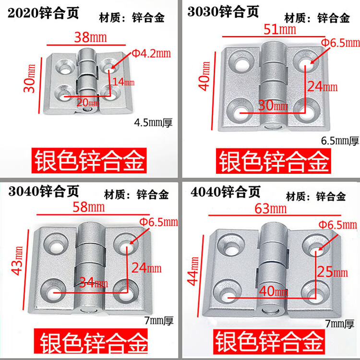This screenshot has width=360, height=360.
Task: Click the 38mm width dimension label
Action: pos(90,37)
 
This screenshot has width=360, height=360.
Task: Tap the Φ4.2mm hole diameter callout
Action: pos(152,53)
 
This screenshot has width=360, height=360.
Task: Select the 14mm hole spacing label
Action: pos(123,82)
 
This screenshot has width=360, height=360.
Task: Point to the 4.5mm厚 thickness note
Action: pos(153,122)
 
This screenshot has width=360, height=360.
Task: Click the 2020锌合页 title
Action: pos(43,12)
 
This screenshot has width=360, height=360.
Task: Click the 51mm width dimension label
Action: pos(280,29)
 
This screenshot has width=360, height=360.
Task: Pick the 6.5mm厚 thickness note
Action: pos(340,141)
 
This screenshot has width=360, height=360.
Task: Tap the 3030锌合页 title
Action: pos(223,12)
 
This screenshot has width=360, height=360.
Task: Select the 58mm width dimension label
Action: pos(89,207)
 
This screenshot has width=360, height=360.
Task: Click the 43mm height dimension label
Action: pos(17,261)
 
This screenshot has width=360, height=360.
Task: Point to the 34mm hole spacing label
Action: pos(94,282)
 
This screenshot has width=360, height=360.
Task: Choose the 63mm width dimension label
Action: pos(271,209)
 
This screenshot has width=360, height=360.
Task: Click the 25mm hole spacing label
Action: pos(333,272)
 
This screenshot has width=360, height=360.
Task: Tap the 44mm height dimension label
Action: pos(193,271)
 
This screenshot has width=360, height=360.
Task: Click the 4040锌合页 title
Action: pos(226,192)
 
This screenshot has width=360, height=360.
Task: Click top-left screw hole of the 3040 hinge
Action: pos(56,244)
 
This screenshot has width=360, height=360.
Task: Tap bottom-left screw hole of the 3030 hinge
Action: pos(240,113)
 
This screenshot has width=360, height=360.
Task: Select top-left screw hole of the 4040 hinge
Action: pos(231,245)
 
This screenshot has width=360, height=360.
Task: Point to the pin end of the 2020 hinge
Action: pos(87,109)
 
